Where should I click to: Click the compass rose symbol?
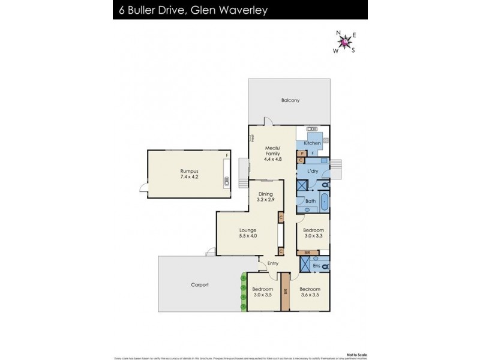[344, 42]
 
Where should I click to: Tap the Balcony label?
[290, 100]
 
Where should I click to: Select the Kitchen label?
[311, 143]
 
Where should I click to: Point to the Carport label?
[200, 284]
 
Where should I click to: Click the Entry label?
[273, 263]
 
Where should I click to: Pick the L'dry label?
[313, 172]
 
